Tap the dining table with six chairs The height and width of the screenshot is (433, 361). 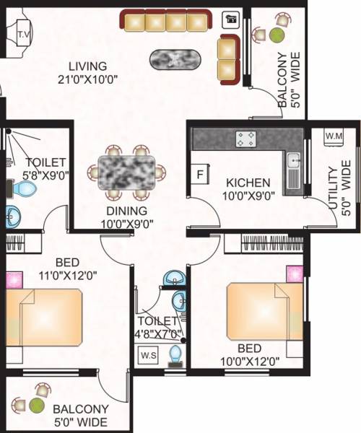coord(127,172)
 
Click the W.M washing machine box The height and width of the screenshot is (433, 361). coord(334,136)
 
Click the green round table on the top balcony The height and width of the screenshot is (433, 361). coord(277,34)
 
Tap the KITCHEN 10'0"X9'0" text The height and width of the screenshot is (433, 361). coord(247,189)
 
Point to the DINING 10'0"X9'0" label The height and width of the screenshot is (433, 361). coord(128,217)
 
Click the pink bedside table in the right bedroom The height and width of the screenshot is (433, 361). coord(294,274)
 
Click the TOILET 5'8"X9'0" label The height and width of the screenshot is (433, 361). coord(45,168)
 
